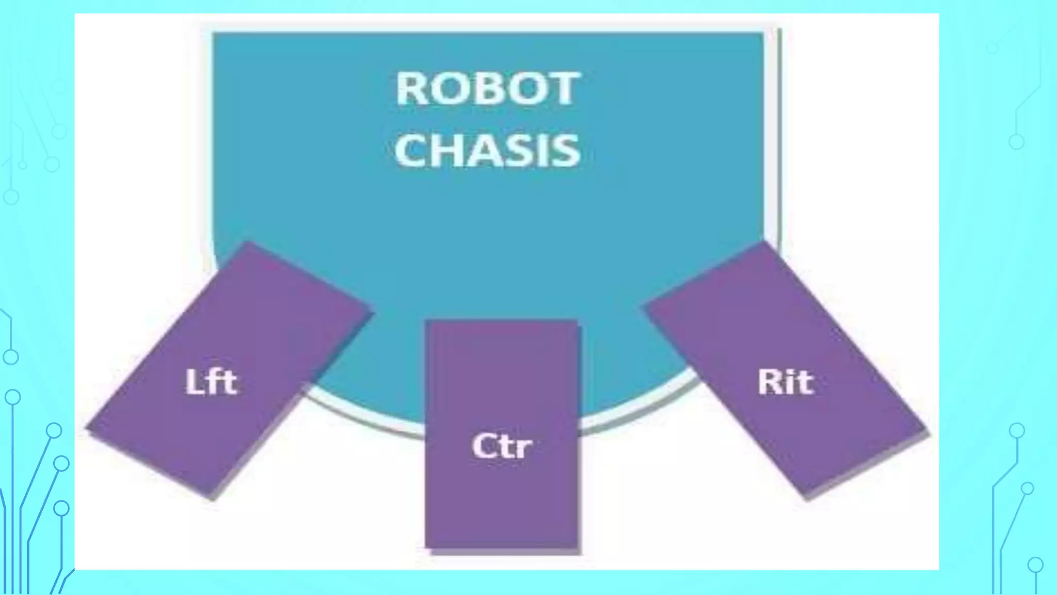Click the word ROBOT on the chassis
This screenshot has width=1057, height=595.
(488, 89)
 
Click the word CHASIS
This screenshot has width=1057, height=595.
(488, 150)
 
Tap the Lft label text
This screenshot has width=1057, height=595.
(211, 382)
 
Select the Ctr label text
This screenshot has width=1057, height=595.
(501, 446)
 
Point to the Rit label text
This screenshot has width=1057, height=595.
(785, 382)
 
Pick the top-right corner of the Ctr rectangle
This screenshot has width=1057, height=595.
(576, 321)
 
